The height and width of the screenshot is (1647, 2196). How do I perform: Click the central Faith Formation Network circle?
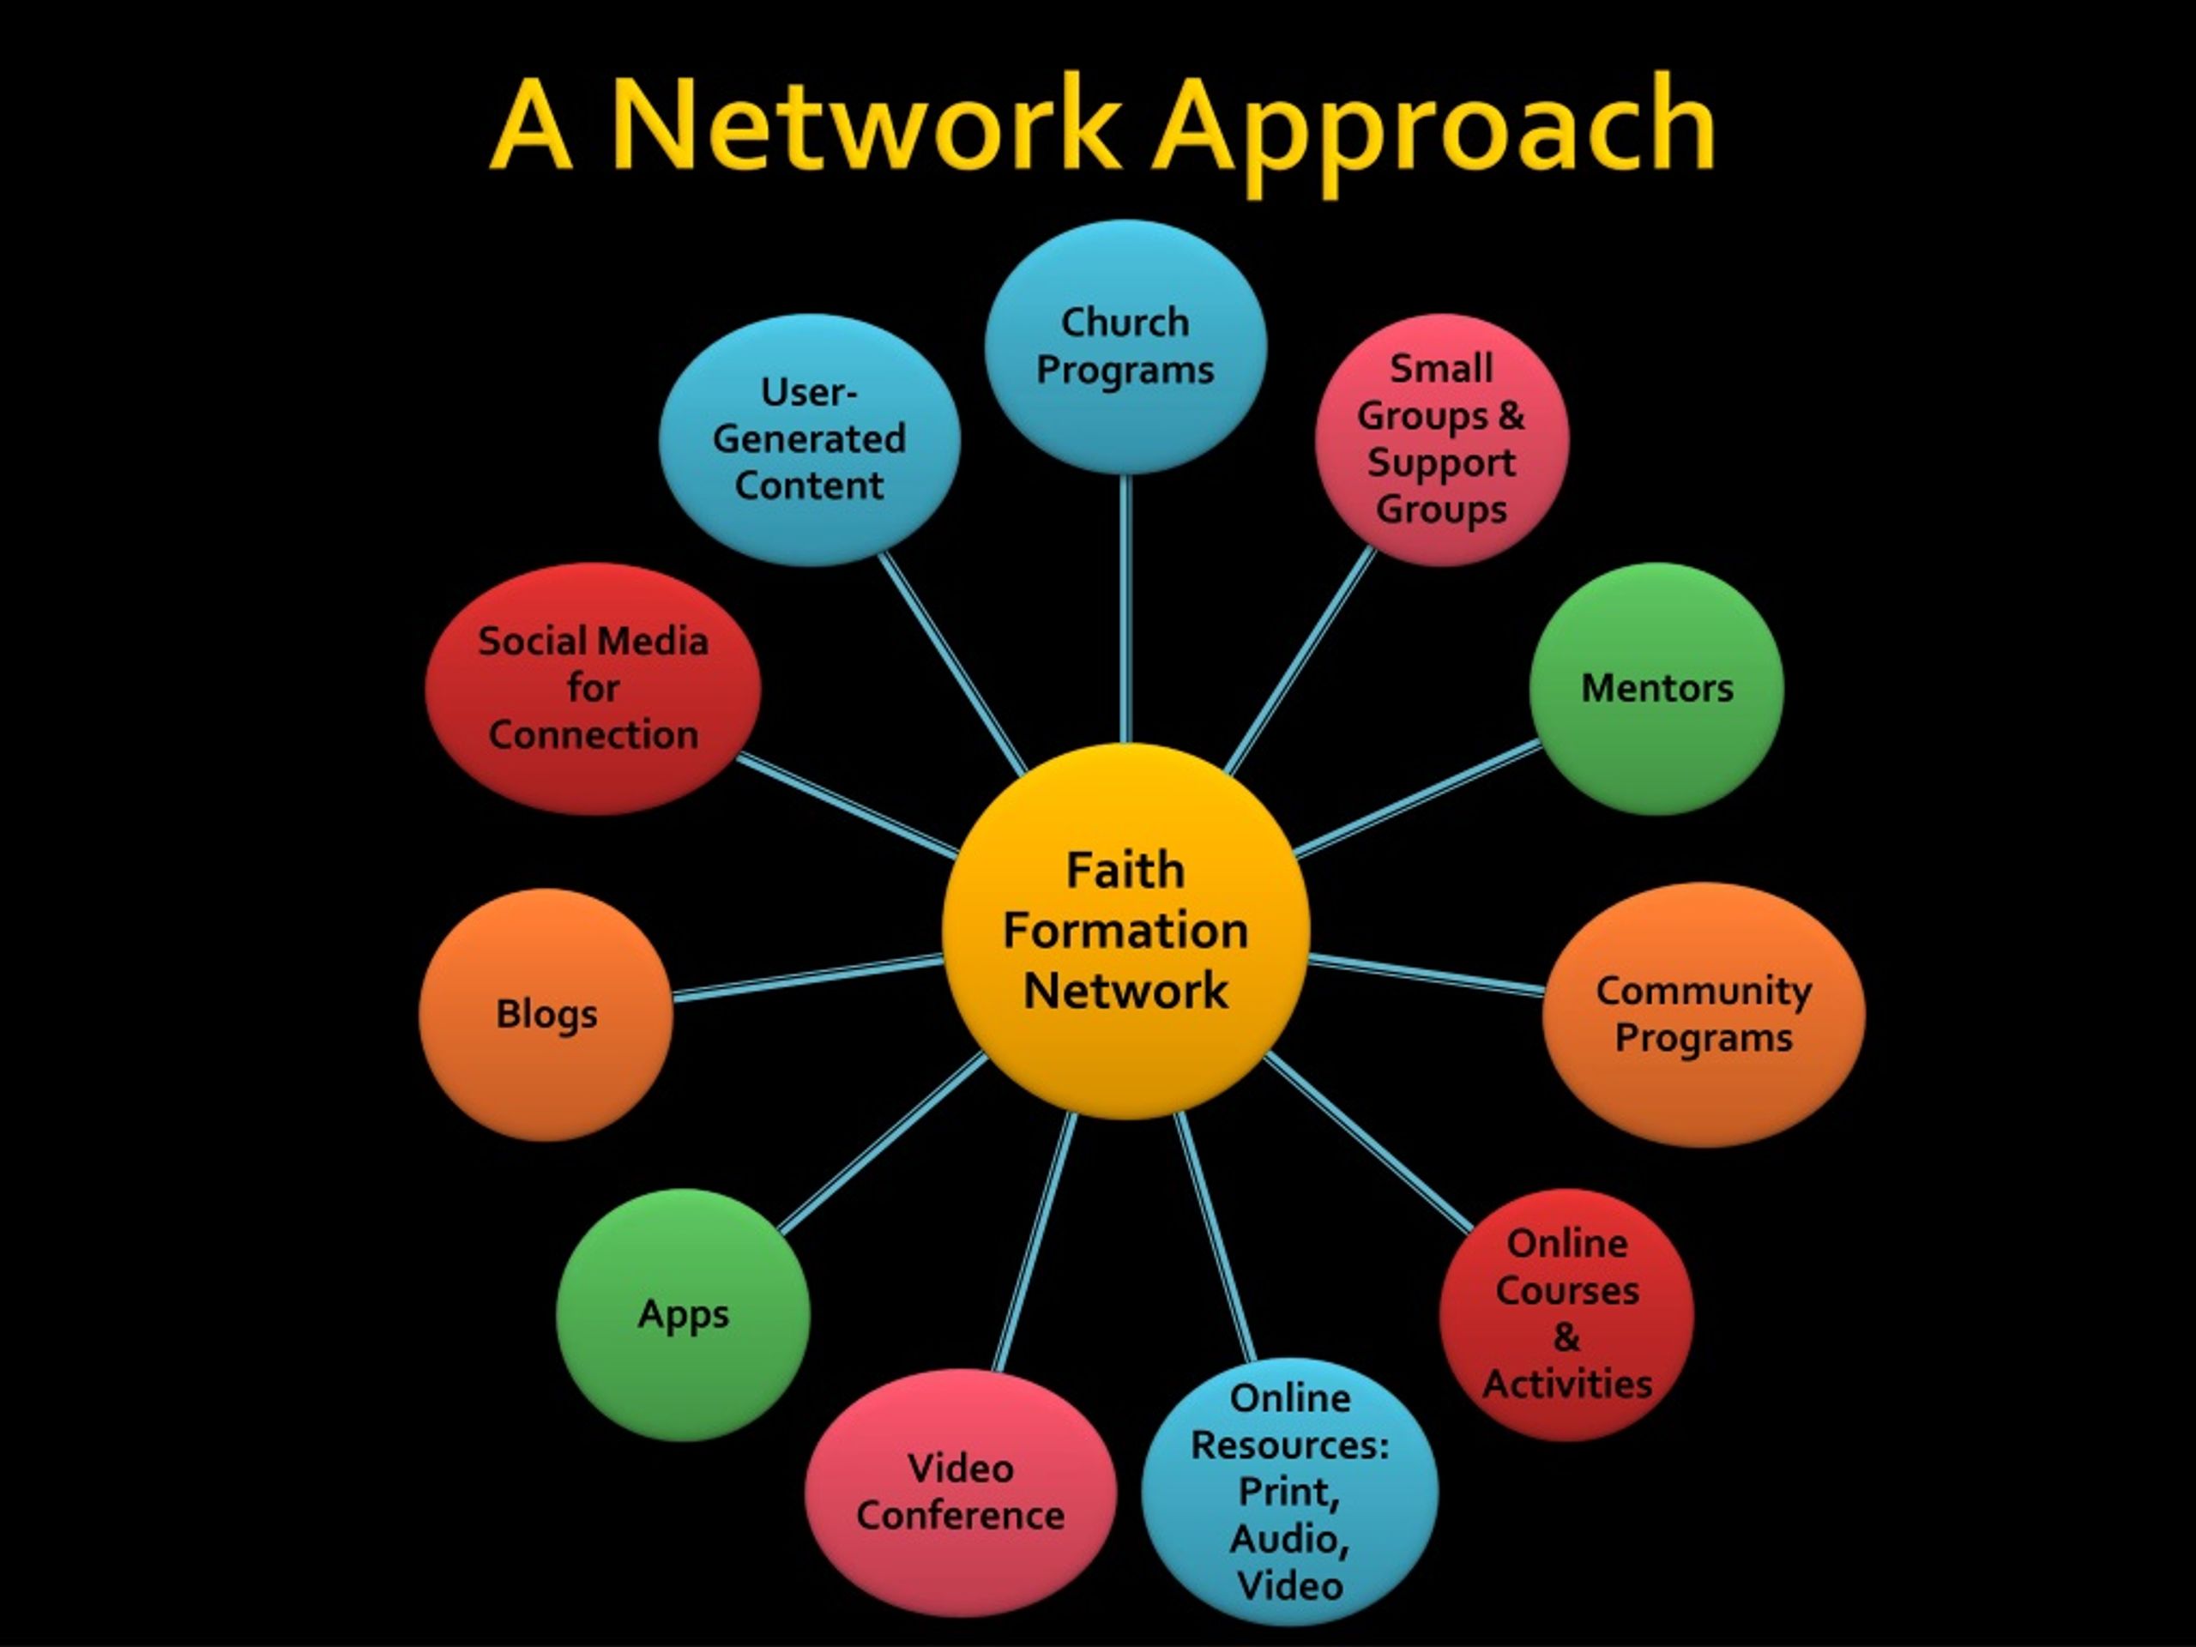click(1125, 932)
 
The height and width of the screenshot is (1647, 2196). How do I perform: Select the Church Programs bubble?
click(1125, 346)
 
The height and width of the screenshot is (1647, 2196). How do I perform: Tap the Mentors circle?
click(1656, 688)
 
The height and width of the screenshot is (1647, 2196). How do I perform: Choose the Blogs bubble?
click(546, 1014)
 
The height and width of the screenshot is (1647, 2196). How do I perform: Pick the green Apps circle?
click(683, 1313)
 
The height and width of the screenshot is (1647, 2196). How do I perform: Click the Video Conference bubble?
click(960, 1492)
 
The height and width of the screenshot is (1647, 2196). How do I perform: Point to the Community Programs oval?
click(1704, 1014)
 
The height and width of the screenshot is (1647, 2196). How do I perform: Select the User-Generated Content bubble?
click(809, 439)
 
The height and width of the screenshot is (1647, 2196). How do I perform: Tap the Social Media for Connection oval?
click(593, 688)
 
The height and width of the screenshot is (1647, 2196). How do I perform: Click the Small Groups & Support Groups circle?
click(1441, 439)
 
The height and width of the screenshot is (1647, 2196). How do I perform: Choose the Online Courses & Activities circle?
click(1566, 1313)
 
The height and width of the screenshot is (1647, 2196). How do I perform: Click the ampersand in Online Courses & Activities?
click(1566, 1336)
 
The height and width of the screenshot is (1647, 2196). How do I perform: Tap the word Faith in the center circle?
click(1125, 871)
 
